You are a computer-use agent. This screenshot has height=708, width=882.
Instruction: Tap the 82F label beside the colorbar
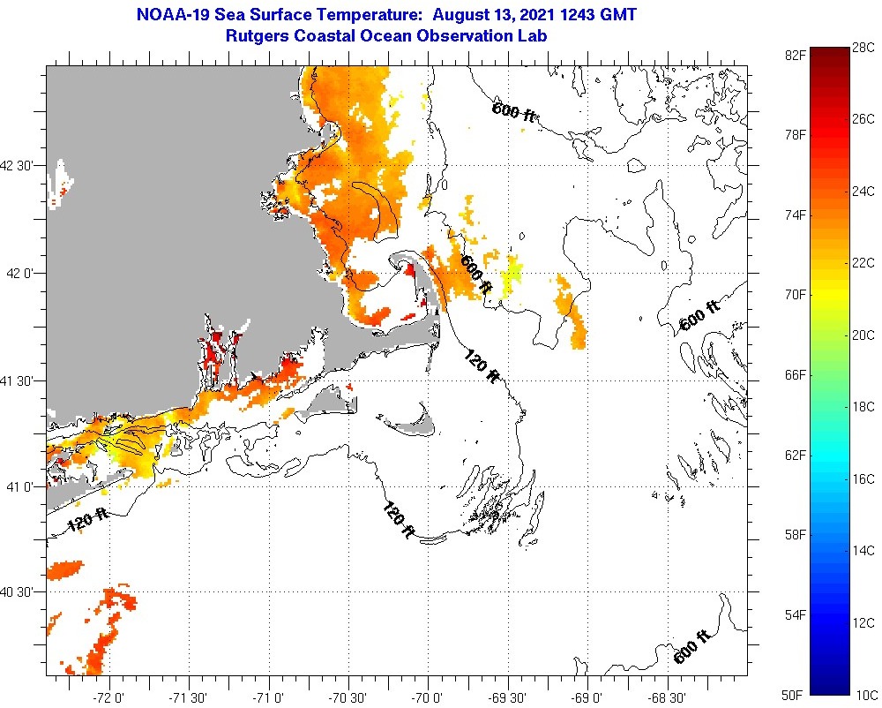point(796,55)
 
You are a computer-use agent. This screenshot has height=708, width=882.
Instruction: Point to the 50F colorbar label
point(796,695)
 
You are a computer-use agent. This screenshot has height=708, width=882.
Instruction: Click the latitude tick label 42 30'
point(22,165)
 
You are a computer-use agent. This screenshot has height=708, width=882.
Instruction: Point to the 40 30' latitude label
point(22,592)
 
